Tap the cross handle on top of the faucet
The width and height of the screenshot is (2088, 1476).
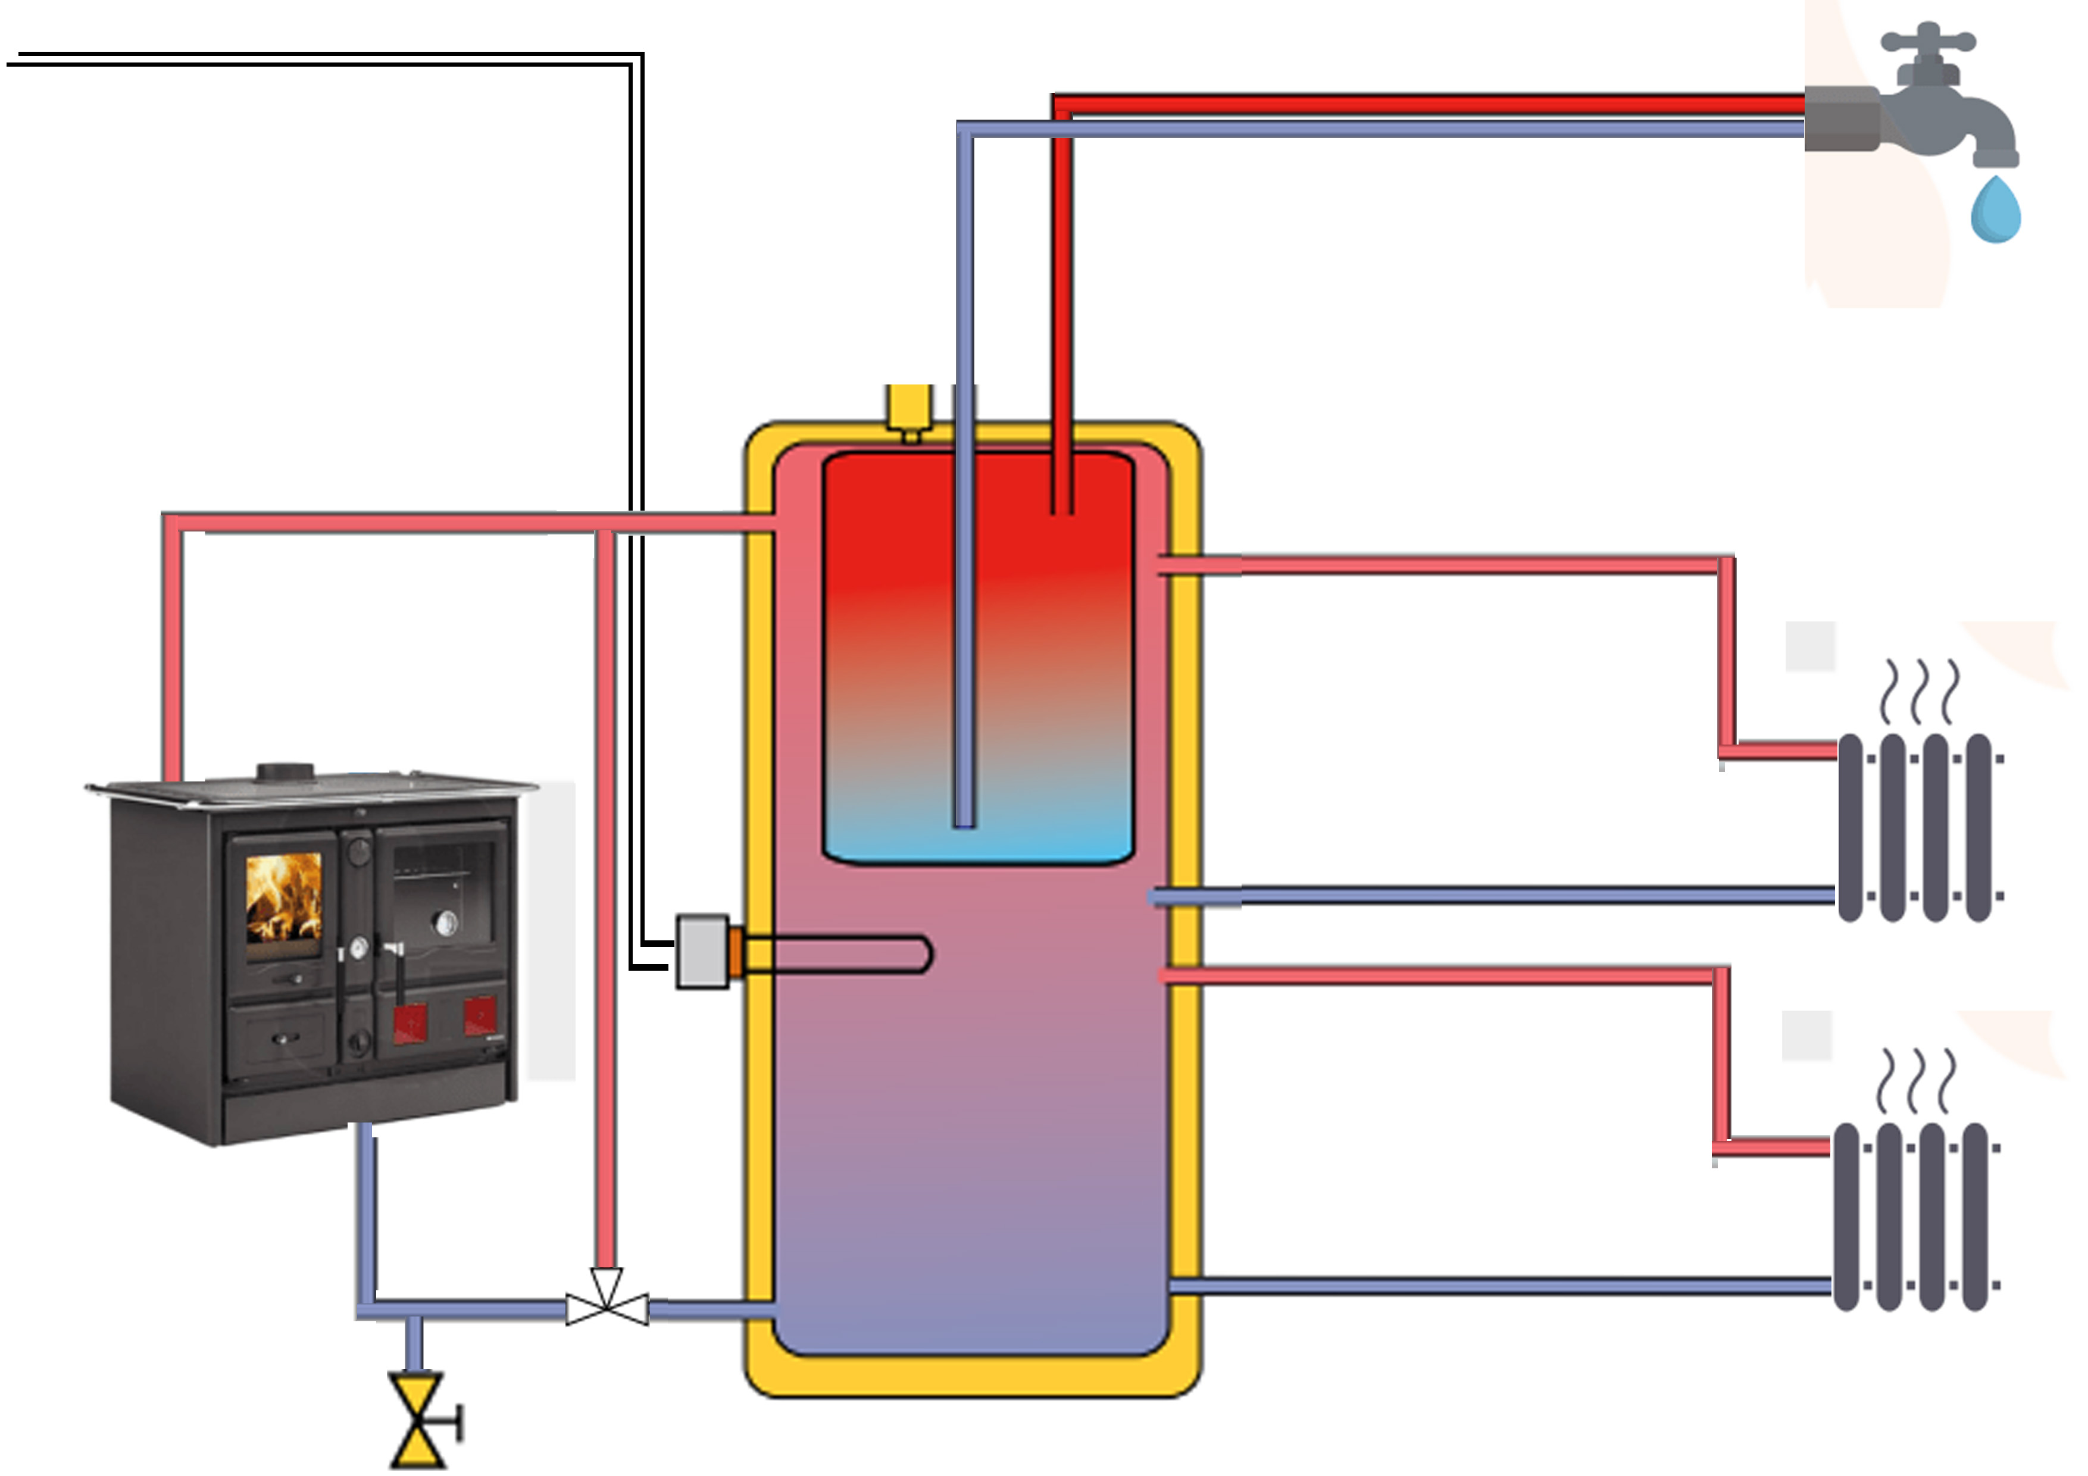click(x=1927, y=41)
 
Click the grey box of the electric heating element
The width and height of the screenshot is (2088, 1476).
click(x=702, y=951)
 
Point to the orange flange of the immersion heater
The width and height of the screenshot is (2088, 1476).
click(x=736, y=953)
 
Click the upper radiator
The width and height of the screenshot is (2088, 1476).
click(x=1919, y=828)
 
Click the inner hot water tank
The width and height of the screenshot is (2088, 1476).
click(x=977, y=655)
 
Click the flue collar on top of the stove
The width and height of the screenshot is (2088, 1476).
click(x=286, y=772)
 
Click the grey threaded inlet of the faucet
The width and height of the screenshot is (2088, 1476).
click(x=1842, y=118)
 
